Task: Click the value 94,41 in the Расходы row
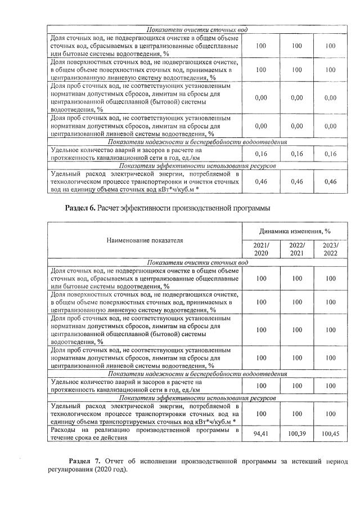pos(260,434)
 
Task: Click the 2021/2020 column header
pos(260,249)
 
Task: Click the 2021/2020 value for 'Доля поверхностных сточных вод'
pos(260,302)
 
